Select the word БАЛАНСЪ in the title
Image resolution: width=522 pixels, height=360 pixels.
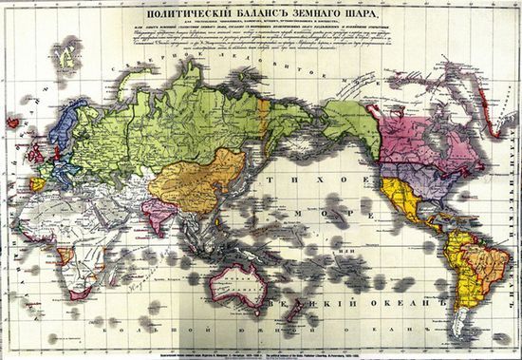click(x=270, y=15)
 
